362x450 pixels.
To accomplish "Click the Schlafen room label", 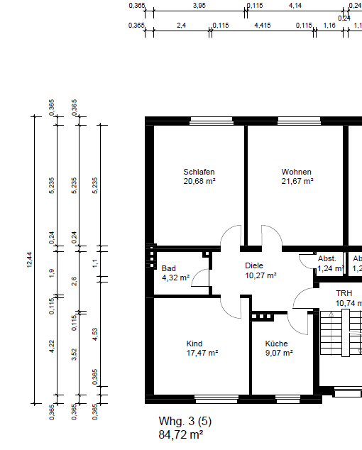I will [x=199, y=172].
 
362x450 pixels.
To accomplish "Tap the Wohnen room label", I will [x=296, y=172].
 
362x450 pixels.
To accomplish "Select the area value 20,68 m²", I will [x=199, y=182].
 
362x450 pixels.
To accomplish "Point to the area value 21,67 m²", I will [x=296, y=182].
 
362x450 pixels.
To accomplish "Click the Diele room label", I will [x=254, y=265].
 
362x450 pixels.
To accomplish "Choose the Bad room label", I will [x=168, y=268].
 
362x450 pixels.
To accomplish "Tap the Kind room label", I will [x=194, y=343].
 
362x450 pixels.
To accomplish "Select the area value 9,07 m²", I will [x=278, y=353].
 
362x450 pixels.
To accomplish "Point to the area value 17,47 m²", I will [x=202, y=353].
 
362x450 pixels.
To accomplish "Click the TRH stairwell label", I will [x=344, y=293].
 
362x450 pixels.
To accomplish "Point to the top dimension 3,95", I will [x=199, y=6].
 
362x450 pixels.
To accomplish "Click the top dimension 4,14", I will [x=295, y=6].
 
